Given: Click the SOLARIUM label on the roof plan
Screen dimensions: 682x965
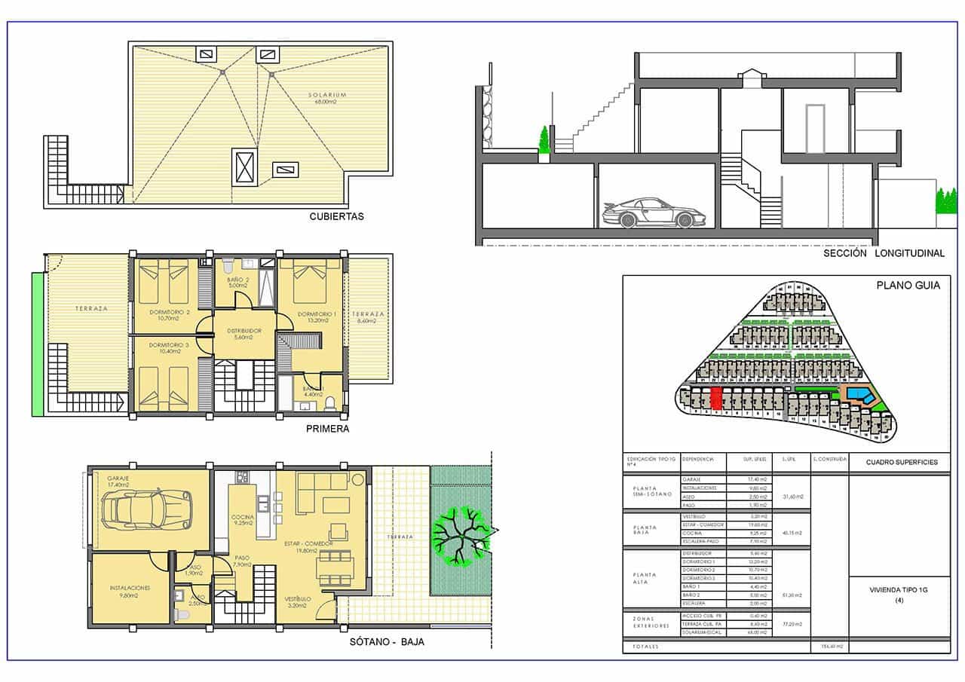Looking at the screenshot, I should tap(327, 95).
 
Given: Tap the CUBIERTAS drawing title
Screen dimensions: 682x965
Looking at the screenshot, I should tap(336, 216).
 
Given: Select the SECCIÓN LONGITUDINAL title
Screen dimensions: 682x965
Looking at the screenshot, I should tap(884, 254).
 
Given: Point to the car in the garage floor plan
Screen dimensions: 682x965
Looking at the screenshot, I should tap(148, 510).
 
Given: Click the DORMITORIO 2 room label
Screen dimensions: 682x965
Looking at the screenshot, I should tap(169, 314).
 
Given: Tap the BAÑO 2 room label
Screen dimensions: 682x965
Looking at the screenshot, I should tap(237, 282).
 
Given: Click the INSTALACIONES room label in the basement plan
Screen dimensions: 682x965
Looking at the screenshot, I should tap(129, 588).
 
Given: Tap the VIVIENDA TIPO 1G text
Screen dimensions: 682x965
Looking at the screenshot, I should tap(899, 590).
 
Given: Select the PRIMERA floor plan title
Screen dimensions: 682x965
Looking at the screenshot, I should tap(327, 429).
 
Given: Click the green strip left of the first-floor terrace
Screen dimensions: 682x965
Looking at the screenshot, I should tap(38, 343).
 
